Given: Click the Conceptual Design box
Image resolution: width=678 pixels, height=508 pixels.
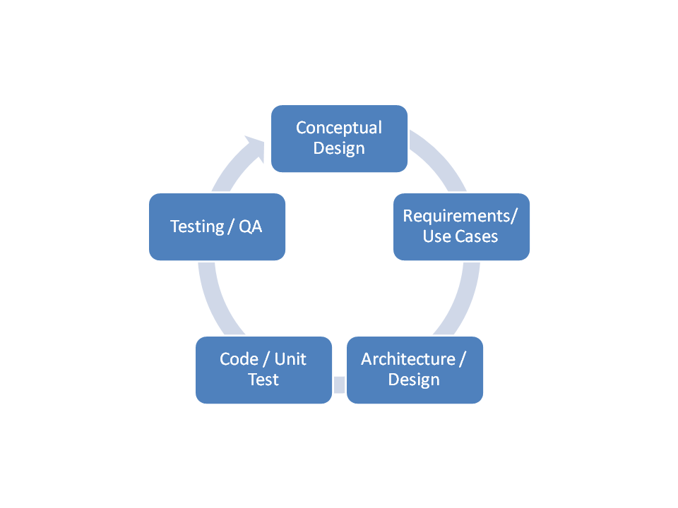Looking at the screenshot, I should pos(339,138).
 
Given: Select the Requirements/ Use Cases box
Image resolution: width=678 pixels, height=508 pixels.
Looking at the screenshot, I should pos(461,226).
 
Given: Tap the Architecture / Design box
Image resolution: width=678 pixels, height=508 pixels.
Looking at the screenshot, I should pos(415,370).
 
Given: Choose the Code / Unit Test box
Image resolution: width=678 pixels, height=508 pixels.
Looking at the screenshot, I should pos(263,370).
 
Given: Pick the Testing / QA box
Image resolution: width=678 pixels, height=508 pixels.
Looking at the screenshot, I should pos(217,226).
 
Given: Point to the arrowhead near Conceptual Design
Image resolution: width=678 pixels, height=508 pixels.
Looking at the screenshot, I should pos(254,144).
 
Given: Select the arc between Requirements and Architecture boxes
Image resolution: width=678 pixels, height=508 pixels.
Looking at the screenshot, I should pos(463,296).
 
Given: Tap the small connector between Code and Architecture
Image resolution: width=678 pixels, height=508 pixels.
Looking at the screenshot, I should pos(339,385).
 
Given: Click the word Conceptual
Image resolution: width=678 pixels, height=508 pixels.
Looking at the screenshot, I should pos(339,128).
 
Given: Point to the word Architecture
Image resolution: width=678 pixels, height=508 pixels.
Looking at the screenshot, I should pos(408,359).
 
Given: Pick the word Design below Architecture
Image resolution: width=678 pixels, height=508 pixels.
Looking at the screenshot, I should pos(415,380).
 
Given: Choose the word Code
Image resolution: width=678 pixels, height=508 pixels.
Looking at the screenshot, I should pos(238,359).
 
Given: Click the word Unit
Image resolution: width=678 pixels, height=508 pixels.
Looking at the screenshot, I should pos(290,359).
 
